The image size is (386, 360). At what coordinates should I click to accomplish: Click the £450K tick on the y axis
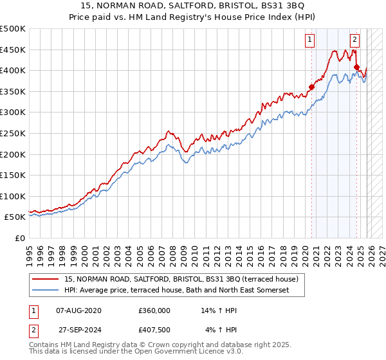pyautogui.click(x=13, y=50)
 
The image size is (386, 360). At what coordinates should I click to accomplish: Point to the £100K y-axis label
pyautogui.click(x=13, y=196)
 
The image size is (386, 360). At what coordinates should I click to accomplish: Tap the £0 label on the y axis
pyautogui.click(x=19, y=239)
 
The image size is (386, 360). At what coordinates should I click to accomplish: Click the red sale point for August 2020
pyautogui.click(x=312, y=87)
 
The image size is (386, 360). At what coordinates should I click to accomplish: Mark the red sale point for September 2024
pyautogui.click(x=356, y=67)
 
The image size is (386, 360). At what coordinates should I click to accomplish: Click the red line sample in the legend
pyautogui.click(x=46, y=280)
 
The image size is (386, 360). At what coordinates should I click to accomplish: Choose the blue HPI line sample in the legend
pyautogui.click(x=46, y=291)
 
